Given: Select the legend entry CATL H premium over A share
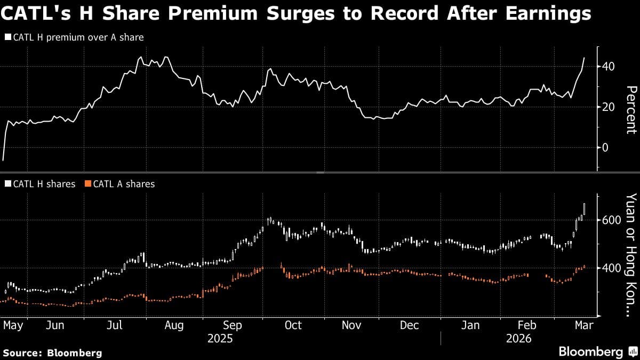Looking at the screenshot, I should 74,37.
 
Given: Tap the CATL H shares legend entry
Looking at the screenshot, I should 40,184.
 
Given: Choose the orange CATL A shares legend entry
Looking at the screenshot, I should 120,184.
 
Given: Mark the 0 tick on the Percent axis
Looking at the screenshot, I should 605,147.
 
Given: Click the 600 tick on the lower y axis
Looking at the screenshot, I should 611,220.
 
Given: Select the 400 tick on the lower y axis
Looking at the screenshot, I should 611,268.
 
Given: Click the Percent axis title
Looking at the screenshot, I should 631,109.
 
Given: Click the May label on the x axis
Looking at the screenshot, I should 13,325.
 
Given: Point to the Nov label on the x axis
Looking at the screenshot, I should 351,325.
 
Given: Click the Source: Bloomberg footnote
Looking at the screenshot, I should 52,353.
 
